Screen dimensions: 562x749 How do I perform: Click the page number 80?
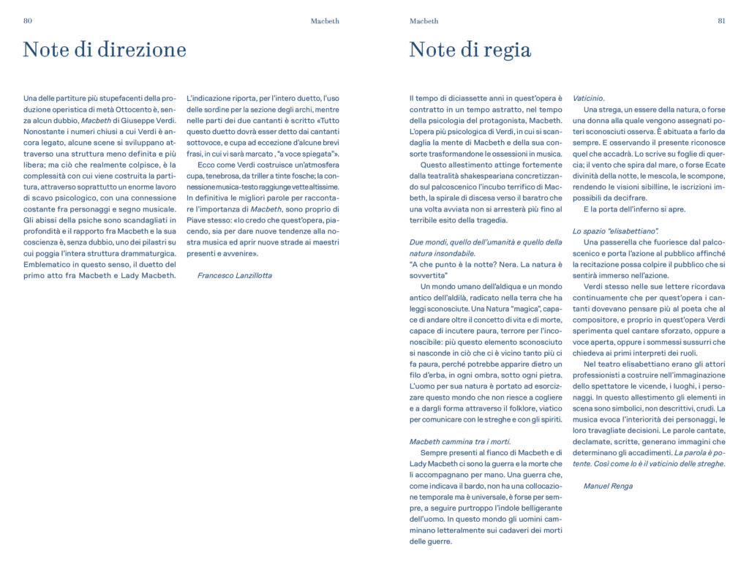(28, 21)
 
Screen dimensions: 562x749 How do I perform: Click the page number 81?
(720, 21)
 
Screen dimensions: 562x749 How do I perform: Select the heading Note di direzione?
(105, 50)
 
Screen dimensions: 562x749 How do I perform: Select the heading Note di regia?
(470, 50)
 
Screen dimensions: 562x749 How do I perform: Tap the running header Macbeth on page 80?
(325, 21)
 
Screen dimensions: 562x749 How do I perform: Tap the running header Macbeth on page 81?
(424, 21)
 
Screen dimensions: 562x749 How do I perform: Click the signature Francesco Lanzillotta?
(234, 275)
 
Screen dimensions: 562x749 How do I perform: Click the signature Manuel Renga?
(608, 486)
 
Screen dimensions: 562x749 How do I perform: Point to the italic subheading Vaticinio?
(588, 98)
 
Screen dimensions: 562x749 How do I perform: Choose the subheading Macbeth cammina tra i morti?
(460, 441)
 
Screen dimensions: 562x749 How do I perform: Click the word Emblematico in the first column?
(50, 264)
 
